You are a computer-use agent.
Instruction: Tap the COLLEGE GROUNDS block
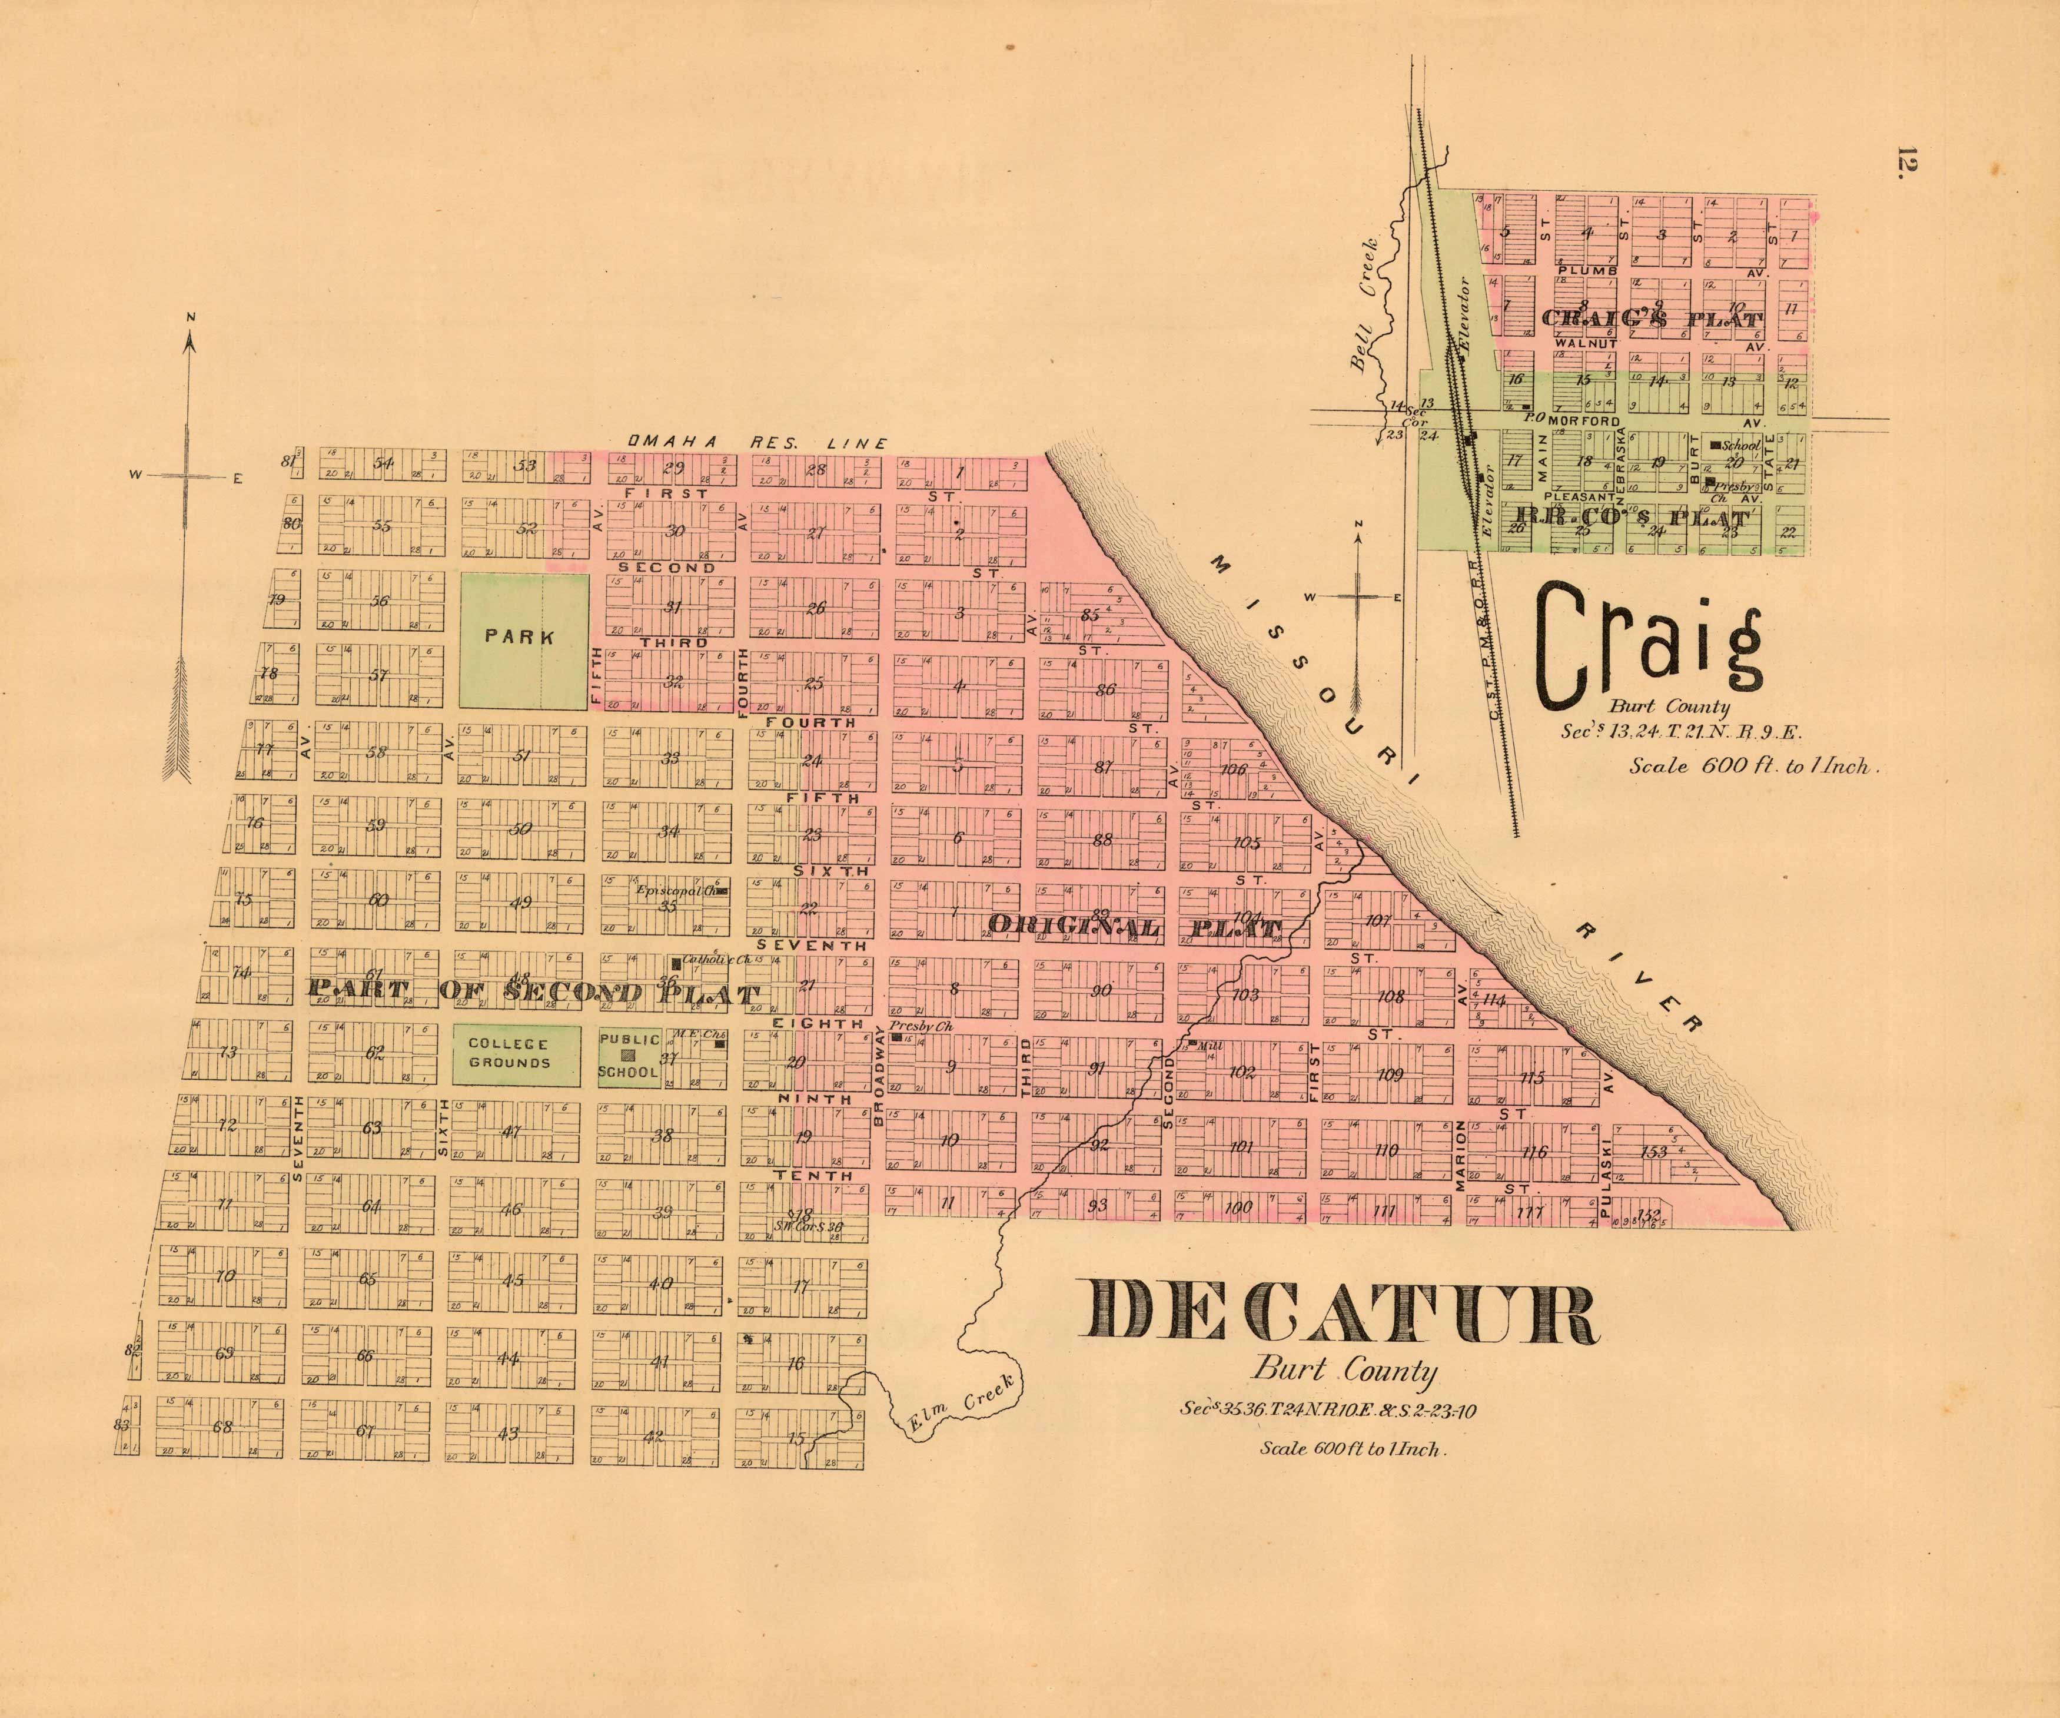[509, 1053]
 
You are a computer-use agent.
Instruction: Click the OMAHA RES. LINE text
[757, 443]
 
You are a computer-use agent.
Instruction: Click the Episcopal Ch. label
[673, 891]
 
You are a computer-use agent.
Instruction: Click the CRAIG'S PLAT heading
[1652, 320]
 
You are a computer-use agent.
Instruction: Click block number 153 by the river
[1655, 1151]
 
